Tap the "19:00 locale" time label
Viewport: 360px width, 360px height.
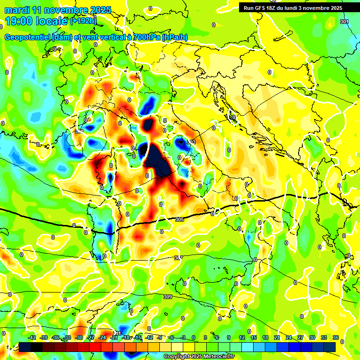37,21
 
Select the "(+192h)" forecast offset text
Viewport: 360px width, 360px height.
83,21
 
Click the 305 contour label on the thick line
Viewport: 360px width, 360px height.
179,219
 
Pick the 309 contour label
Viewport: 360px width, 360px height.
168,297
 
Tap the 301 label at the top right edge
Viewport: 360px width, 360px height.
345,22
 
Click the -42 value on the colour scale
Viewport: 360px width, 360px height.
32,337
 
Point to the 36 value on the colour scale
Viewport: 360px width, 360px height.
335,337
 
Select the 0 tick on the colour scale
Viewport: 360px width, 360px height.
194,337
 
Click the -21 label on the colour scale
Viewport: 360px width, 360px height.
113,337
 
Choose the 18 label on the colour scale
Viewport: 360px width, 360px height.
265,337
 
